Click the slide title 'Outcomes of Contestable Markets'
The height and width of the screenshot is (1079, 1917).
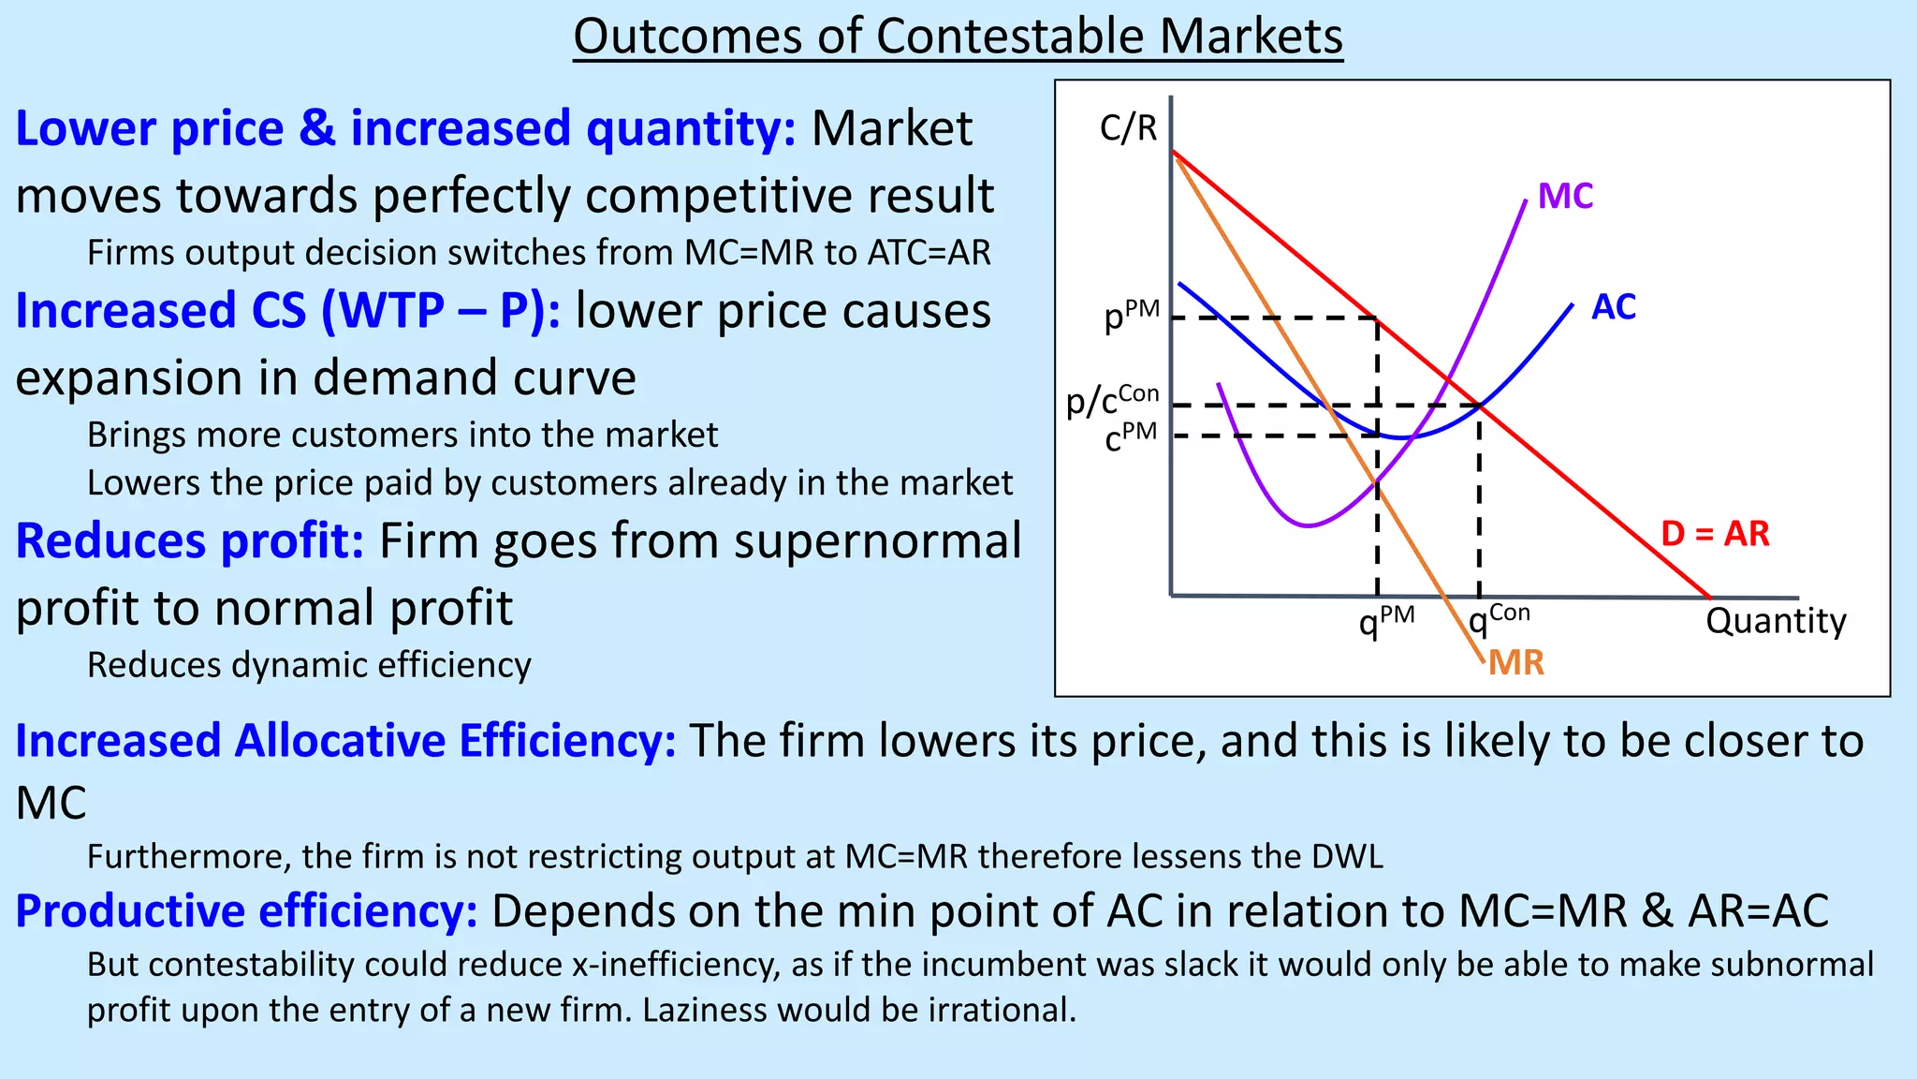tap(958, 37)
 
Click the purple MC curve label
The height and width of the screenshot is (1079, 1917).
tap(1565, 197)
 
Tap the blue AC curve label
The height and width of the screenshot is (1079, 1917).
tap(1614, 307)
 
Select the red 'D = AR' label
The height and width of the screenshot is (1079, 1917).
tap(1715, 534)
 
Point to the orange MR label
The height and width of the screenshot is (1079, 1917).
tap(1515, 663)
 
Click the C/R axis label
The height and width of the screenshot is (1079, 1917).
tap(1128, 128)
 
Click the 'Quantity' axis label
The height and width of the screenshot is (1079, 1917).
tap(1776, 621)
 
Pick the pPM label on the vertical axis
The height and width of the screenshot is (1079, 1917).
tap(1132, 317)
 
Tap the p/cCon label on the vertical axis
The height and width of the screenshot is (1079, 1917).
tap(1113, 401)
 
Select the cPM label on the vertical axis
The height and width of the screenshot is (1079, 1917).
tap(1131, 436)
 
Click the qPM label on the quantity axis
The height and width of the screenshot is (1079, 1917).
tap(1386, 620)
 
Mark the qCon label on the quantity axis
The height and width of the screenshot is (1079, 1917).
tap(1499, 619)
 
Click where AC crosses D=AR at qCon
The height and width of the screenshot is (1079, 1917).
tap(1480, 406)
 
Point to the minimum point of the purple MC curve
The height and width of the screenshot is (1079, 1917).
tap(1308, 525)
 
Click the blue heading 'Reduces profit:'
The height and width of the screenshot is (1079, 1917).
tap(190, 541)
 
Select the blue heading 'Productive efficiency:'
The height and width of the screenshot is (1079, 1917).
tap(246, 911)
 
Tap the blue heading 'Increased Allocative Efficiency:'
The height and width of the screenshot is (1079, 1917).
tap(345, 741)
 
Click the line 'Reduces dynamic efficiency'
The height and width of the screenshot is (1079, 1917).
tap(309, 665)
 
